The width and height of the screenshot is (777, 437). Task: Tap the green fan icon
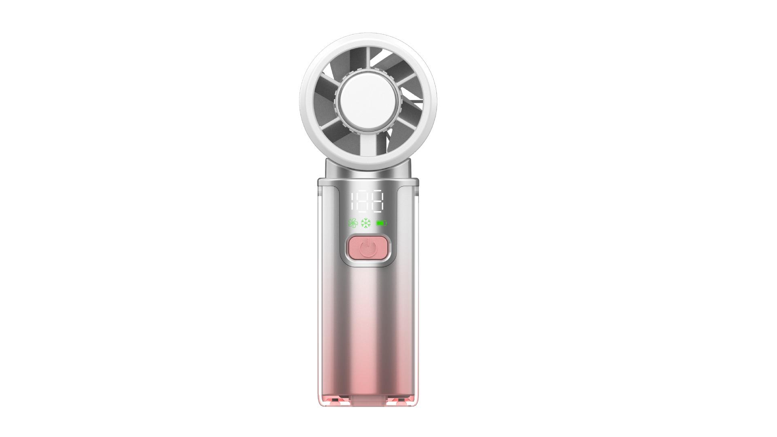click(x=353, y=223)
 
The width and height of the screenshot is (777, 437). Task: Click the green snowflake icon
click(x=366, y=223)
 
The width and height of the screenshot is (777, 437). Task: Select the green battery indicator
click(x=381, y=223)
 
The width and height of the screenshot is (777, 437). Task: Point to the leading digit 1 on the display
click(x=353, y=202)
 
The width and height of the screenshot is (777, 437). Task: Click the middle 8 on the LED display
click(x=364, y=202)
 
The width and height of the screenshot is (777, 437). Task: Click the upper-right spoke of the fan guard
click(x=407, y=78)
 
